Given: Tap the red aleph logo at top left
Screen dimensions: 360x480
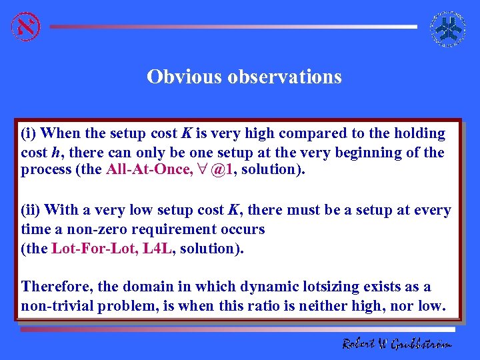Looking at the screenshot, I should (x=25, y=27).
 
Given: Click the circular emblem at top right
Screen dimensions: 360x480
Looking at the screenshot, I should (x=448, y=29).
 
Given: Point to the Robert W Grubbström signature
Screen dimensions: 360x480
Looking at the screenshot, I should (x=397, y=343).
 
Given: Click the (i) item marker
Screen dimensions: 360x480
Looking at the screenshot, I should (x=29, y=134).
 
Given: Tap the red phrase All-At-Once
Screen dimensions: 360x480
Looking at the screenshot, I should (x=147, y=169).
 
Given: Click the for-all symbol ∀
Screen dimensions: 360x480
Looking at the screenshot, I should (x=201, y=169).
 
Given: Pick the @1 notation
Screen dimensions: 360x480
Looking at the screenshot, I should (x=221, y=169).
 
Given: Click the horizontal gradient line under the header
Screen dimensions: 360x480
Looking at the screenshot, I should (x=233, y=27).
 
